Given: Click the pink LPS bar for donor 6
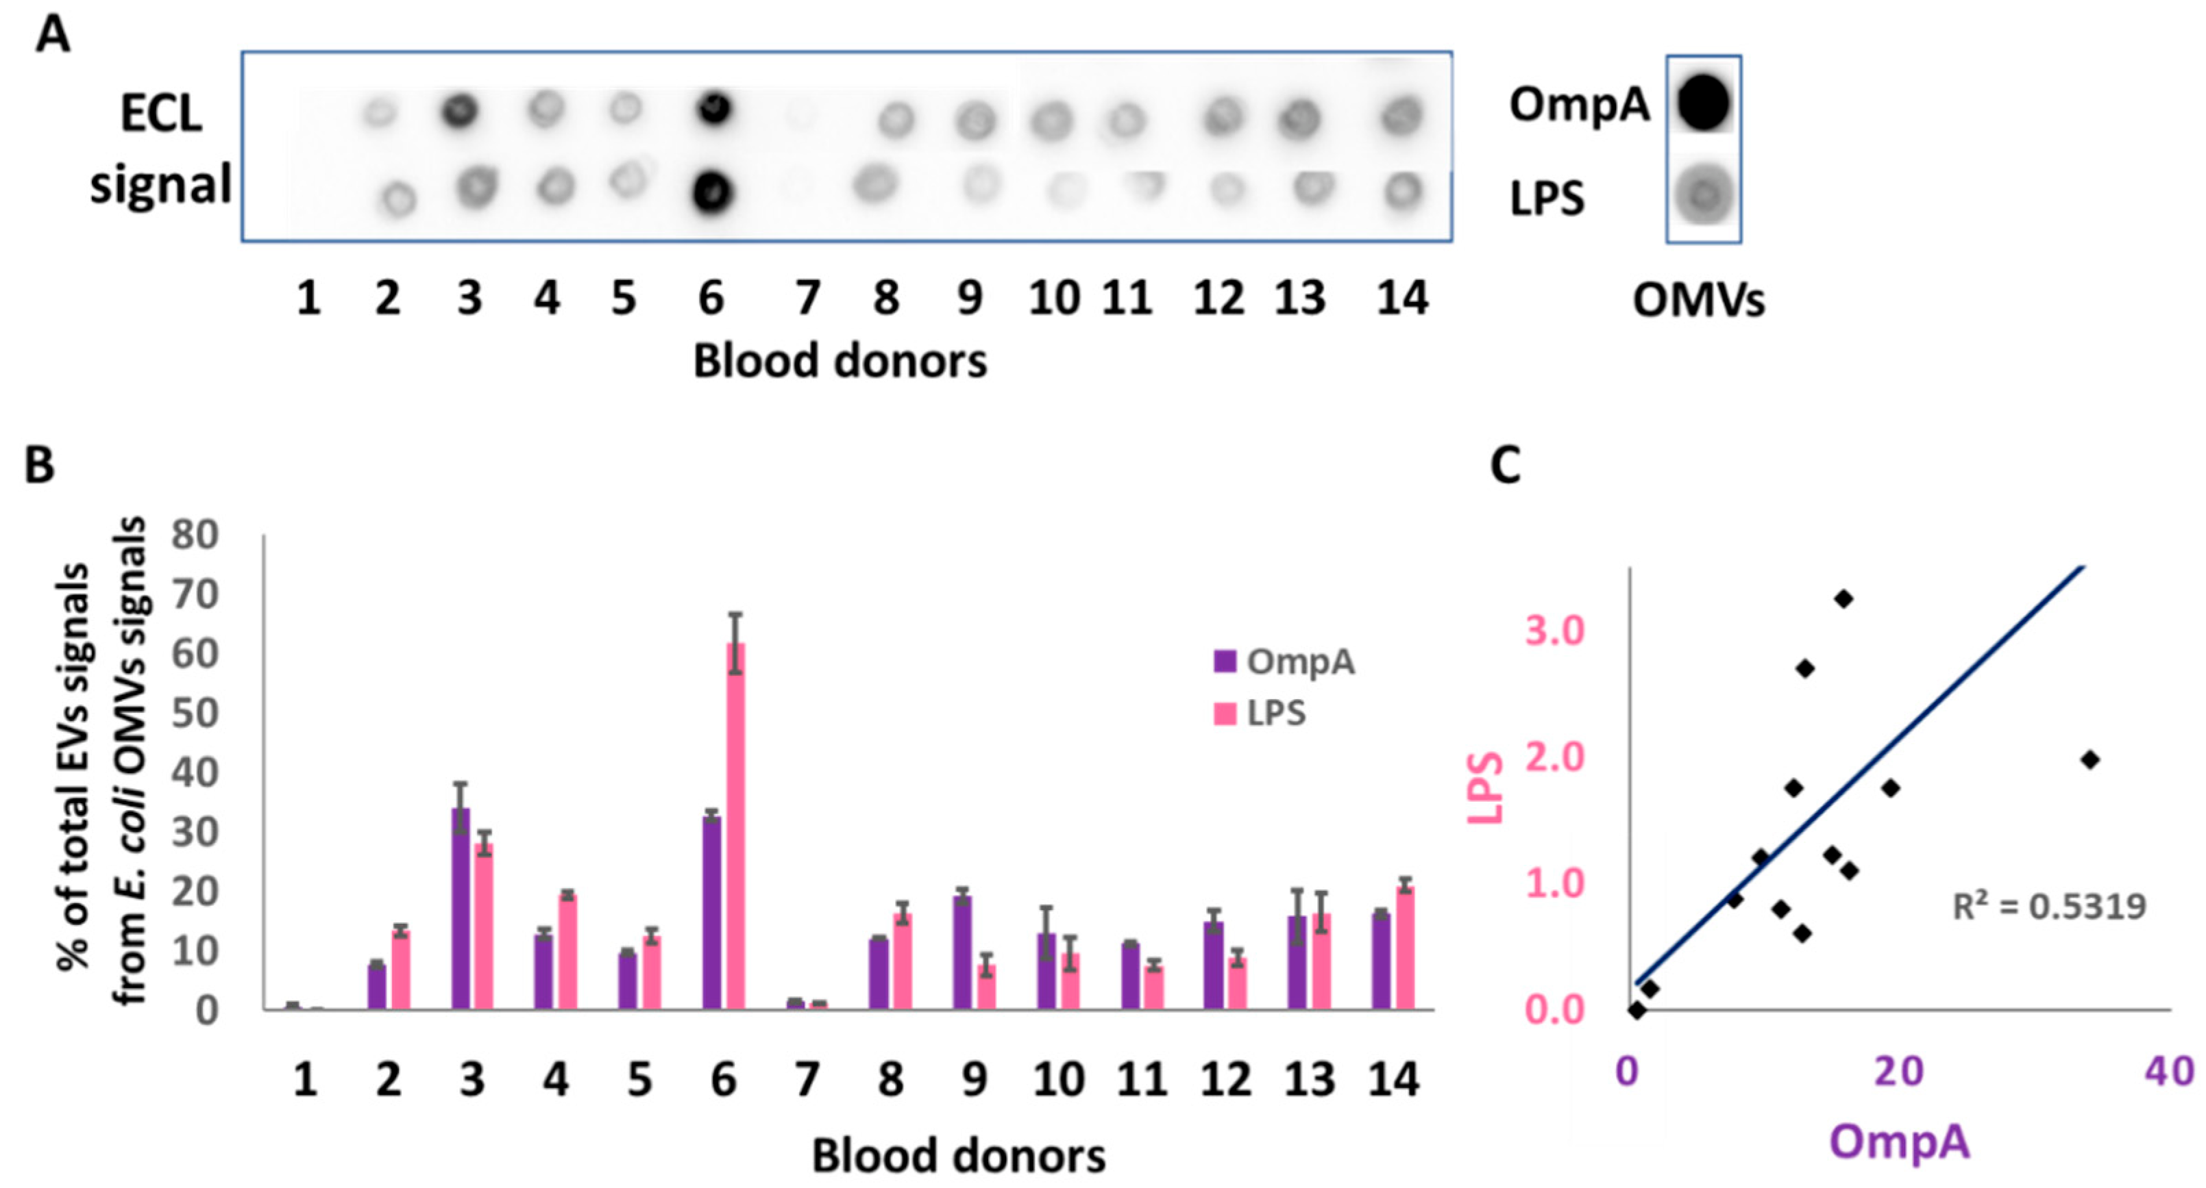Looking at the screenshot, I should (735, 826).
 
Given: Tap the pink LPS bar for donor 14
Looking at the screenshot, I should (1406, 948).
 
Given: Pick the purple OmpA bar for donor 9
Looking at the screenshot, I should (963, 952).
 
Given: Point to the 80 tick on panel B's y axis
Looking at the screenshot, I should (195, 535).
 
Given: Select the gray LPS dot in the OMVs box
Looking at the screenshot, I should (1703, 196).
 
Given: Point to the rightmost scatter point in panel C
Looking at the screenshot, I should (2089, 759).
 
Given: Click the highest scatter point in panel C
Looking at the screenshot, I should (1843, 598).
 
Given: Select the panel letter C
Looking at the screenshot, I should (1506, 466).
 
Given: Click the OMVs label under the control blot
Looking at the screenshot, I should (1698, 301).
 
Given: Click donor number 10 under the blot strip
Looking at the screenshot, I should (1053, 299).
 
